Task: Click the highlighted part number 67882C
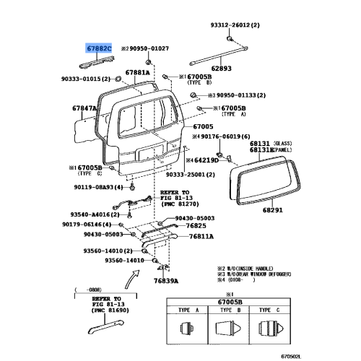[x=100, y=48]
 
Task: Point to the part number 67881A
[x=136, y=72]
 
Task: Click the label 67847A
[x=84, y=108]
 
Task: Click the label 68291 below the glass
[x=271, y=210]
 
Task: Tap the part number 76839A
[x=166, y=281]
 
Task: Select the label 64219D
[x=201, y=160]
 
